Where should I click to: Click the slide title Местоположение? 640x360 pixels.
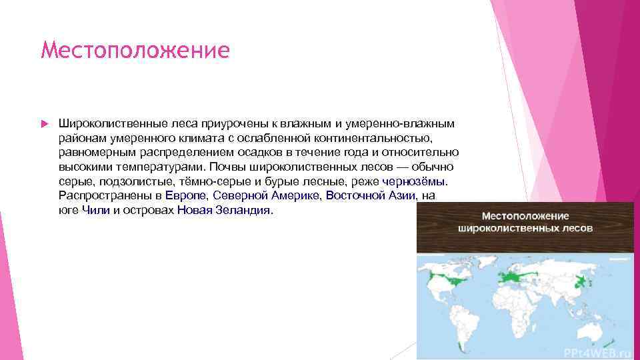(x=135, y=51)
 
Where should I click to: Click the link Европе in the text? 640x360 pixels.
(x=187, y=195)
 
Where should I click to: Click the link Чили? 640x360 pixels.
(x=96, y=209)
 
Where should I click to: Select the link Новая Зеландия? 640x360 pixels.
(x=225, y=209)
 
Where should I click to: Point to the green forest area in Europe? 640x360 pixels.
(x=512, y=275)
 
